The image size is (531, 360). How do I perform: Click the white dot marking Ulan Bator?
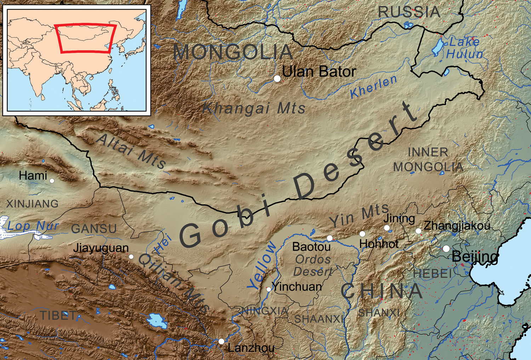(x=277, y=79)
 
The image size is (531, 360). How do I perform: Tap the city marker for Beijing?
(x=446, y=248)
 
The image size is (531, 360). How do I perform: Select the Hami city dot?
(x=52, y=181)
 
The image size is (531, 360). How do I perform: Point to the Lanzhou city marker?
(x=221, y=341)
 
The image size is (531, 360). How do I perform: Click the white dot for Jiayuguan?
(x=131, y=257)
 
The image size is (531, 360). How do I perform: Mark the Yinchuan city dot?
(x=269, y=289)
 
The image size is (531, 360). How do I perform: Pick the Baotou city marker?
(x=330, y=238)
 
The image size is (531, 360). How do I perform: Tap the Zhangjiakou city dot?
(x=418, y=231)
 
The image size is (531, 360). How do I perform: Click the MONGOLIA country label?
(x=233, y=52)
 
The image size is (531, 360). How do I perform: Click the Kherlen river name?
(x=374, y=87)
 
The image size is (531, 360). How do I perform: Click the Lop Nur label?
(x=33, y=226)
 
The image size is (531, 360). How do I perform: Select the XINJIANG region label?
(x=32, y=204)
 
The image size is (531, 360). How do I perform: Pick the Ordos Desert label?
(x=313, y=265)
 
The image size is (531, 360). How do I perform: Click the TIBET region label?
(x=57, y=315)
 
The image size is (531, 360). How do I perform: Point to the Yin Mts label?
(x=359, y=216)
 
